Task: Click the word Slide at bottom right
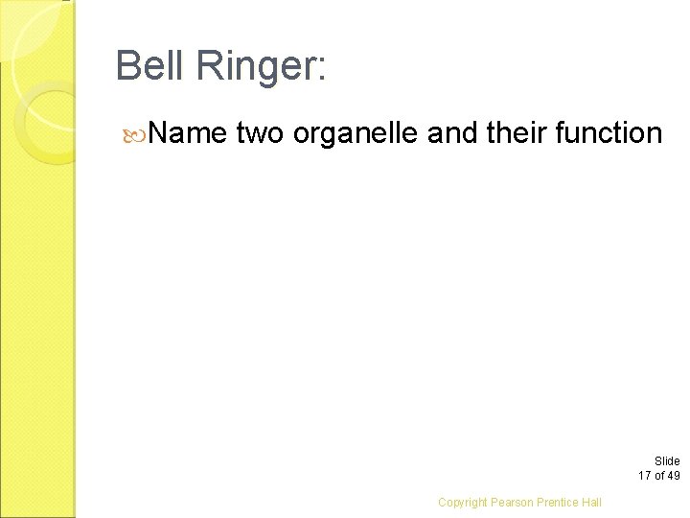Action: (667, 461)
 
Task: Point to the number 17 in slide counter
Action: (645, 475)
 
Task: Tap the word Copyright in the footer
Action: (463, 502)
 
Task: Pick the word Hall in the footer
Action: (592, 502)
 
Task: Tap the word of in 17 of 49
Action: (659, 475)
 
